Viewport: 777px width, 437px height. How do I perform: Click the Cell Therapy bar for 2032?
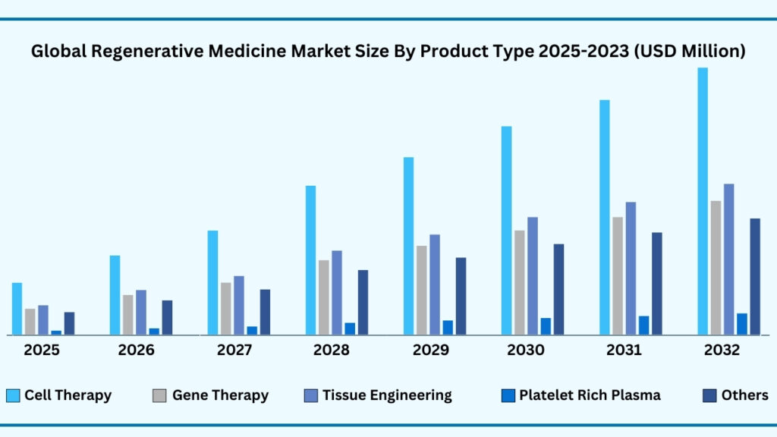click(703, 201)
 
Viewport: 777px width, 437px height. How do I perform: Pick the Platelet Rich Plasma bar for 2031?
click(643, 325)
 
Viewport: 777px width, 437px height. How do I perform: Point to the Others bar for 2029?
click(461, 296)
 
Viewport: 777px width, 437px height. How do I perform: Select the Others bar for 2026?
click(167, 317)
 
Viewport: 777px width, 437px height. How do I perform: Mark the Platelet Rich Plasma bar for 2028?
click(350, 329)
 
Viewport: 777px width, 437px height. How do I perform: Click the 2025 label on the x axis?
click(42, 351)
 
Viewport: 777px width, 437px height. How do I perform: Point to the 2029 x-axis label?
click(430, 351)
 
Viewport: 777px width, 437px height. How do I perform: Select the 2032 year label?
click(722, 351)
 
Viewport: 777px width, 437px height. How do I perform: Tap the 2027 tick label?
click(235, 351)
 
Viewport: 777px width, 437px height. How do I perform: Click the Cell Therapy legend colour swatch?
click(13, 395)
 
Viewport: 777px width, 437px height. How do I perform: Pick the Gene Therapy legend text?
click(220, 395)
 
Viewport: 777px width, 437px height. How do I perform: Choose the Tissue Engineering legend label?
click(387, 395)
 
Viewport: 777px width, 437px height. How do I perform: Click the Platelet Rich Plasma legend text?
click(590, 395)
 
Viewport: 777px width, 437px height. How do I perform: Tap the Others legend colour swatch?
click(709, 395)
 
